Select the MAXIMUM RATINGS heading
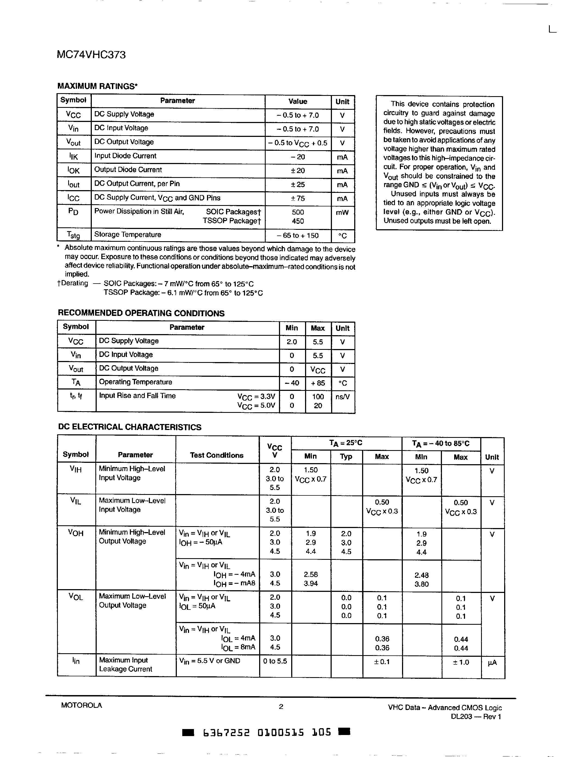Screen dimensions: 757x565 [97, 86]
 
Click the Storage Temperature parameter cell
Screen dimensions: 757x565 [128, 235]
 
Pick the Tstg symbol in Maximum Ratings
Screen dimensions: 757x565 [74, 235]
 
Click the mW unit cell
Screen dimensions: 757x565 [342, 213]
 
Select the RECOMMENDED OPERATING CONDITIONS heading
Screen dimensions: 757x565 [141, 313]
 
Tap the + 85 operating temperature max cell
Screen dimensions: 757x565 [318, 383]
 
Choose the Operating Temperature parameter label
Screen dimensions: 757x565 [136, 382]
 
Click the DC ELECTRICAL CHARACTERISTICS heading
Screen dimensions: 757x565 [130, 427]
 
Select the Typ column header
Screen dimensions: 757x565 [346, 457]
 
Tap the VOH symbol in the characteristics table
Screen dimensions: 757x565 [76, 533]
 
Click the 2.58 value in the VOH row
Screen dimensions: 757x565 [310, 575]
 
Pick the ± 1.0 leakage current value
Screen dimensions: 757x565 [460, 662]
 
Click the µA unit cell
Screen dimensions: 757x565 [492, 663]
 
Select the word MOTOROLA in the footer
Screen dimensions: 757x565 [81, 705]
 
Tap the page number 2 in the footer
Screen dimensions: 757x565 [281, 706]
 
